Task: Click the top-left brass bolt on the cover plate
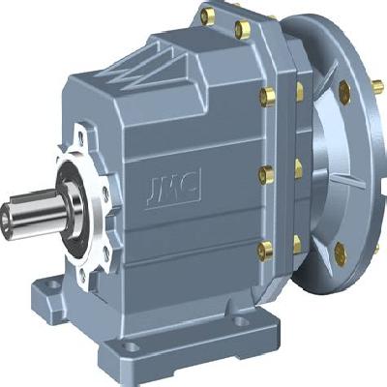207,15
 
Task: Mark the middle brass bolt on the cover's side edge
264,174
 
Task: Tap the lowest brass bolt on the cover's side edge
264,250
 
